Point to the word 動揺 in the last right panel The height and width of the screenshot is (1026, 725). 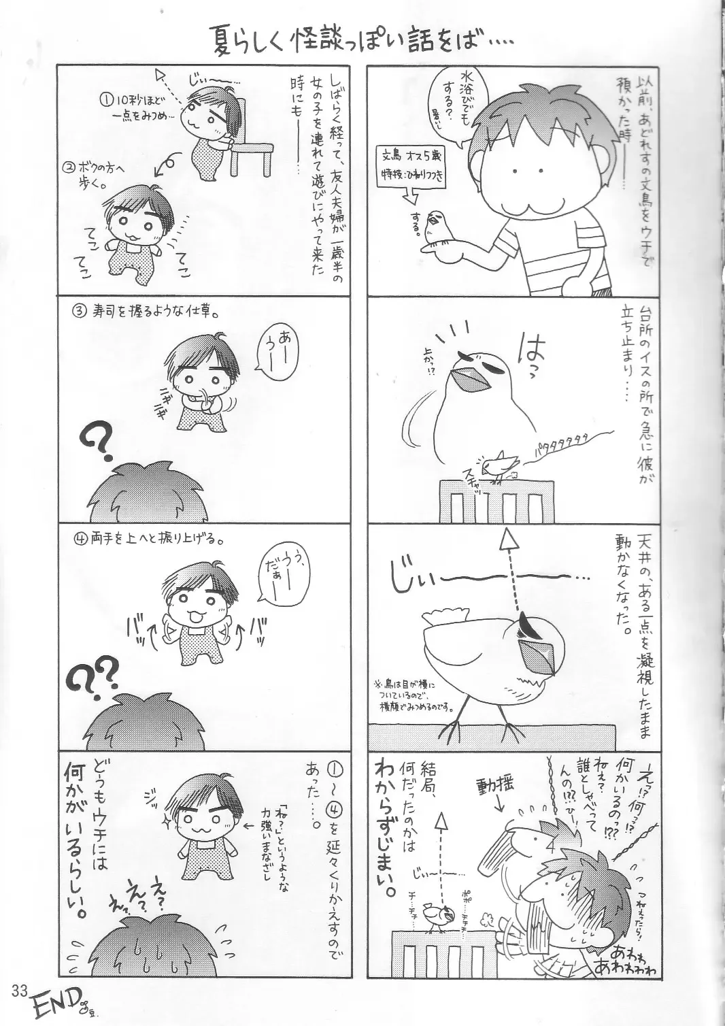tap(501, 786)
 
